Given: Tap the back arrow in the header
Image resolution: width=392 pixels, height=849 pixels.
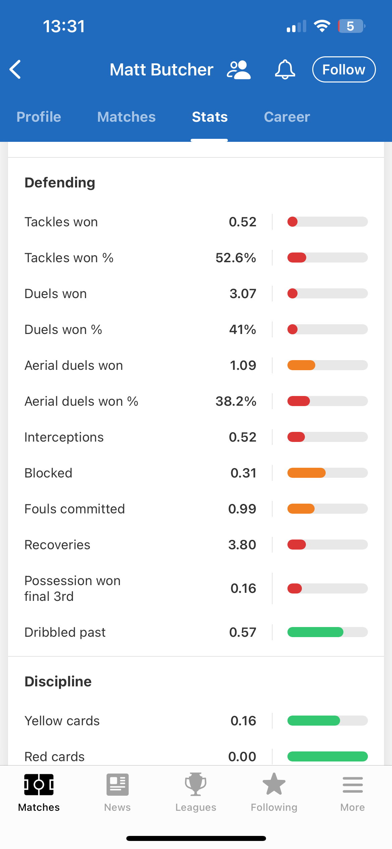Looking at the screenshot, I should [x=15, y=69].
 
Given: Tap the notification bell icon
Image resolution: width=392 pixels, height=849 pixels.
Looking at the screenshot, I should [x=285, y=69].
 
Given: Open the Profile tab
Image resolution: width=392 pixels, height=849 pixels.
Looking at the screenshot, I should [x=39, y=117].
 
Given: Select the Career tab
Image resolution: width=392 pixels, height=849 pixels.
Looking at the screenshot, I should [x=287, y=117].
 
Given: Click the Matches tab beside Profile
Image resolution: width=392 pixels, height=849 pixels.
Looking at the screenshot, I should [x=126, y=117].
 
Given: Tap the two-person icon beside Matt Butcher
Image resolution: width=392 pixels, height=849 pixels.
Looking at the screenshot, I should [x=239, y=70].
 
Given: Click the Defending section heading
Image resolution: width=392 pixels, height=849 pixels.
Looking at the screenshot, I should [x=60, y=183].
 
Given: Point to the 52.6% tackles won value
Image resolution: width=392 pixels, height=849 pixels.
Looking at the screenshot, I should [x=236, y=258].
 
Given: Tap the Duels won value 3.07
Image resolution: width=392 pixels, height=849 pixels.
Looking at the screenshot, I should [x=243, y=294].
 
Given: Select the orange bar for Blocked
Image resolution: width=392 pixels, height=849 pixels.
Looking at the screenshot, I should [x=307, y=473].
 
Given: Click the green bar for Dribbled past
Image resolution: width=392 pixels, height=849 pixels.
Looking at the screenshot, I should [x=315, y=632].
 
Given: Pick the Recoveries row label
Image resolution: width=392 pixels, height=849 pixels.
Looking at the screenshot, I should [x=57, y=545].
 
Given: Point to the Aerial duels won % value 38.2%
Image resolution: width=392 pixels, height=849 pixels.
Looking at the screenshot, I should [x=236, y=401].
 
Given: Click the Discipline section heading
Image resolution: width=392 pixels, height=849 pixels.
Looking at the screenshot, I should [x=58, y=682].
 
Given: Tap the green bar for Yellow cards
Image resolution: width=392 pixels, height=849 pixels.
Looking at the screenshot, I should [x=314, y=721].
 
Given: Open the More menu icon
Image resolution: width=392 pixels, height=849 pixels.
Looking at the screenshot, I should [x=352, y=785].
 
